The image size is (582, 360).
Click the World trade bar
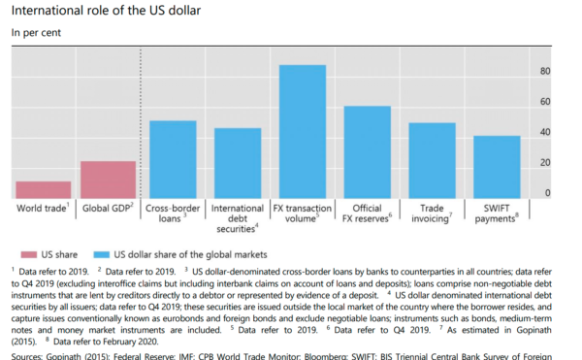44,189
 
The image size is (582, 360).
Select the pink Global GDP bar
108,180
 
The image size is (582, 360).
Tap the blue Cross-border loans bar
173,159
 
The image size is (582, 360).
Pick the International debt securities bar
238,163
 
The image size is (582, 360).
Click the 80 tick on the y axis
545,72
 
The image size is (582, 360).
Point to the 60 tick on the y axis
545,102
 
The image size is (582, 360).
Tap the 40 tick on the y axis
545,132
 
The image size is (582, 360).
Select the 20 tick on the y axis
545,162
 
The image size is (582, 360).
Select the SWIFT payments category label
497,213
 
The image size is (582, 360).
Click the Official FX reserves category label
368,213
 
